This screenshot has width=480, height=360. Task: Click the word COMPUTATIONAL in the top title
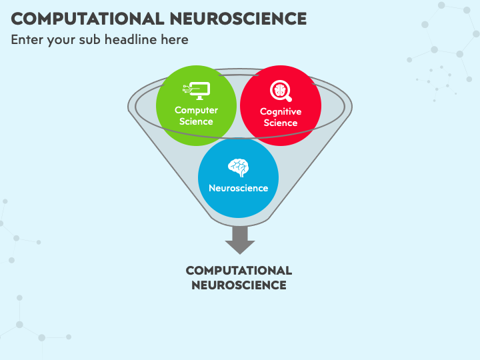[x=87, y=19]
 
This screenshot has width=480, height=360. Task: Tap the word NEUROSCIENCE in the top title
[x=238, y=19]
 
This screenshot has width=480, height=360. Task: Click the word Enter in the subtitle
[x=27, y=40]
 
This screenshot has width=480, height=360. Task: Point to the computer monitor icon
[x=197, y=91]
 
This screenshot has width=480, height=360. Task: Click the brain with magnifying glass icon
[x=281, y=91]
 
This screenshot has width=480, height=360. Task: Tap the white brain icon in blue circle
[x=238, y=168]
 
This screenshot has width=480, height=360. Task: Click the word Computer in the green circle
[x=196, y=110]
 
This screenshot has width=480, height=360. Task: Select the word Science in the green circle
[x=196, y=121]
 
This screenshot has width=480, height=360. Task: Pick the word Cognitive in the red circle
[x=281, y=112]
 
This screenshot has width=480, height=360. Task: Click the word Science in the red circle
[x=281, y=123]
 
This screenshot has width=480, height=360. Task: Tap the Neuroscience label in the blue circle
[x=239, y=188]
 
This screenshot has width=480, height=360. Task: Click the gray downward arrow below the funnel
[x=240, y=240]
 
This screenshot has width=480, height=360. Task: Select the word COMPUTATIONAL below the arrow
[x=239, y=271]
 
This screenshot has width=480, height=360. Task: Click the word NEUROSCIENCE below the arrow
[x=239, y=285]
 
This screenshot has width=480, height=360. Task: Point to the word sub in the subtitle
[x=90, y=40]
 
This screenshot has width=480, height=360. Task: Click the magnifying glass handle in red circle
[x=288, y=98]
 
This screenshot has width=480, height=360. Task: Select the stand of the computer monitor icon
[x=200, y=97]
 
